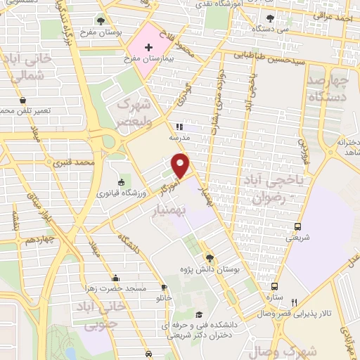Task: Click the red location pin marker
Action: click(x=181, y=165)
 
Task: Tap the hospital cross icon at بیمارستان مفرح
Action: click(x=148, y=48)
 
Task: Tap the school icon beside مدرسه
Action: click(x=179, y=127)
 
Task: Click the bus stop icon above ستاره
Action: click(x=274, y=286)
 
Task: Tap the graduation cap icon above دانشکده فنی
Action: click(x=199, y=314)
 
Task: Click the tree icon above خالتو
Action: click(x=164, y=288)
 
